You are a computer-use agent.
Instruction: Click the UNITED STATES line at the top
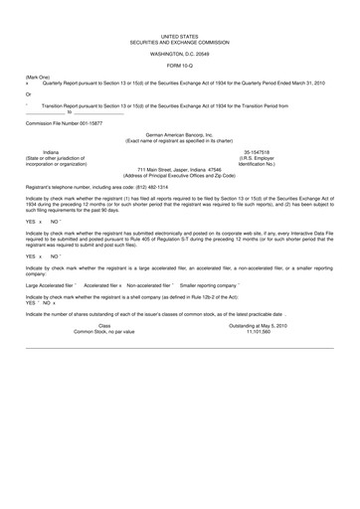[179, 34]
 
